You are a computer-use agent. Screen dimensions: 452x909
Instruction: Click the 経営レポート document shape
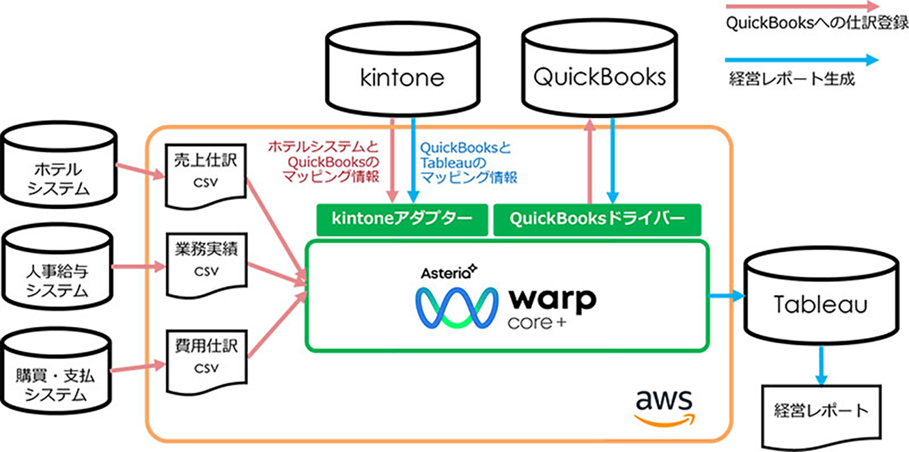820,411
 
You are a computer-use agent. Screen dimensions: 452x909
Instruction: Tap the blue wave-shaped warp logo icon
456,307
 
